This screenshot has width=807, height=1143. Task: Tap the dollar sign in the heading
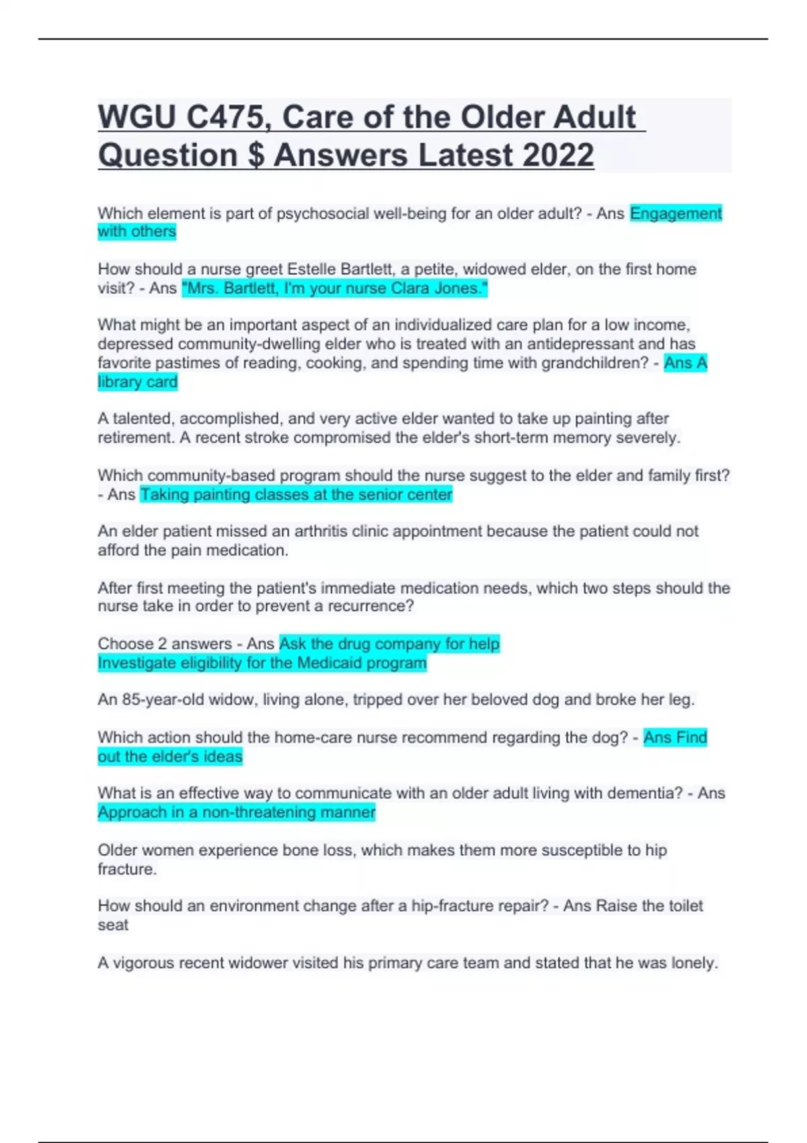click(256, 155)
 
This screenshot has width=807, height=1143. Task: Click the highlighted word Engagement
click(675, 214)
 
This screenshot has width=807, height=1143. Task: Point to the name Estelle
click(311, 270)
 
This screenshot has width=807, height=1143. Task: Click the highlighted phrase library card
click(138, 382)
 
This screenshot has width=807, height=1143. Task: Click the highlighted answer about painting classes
click(296, 495)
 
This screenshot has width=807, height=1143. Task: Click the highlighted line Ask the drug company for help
click(389, 644)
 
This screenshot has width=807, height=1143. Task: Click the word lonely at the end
click(694, 963)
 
